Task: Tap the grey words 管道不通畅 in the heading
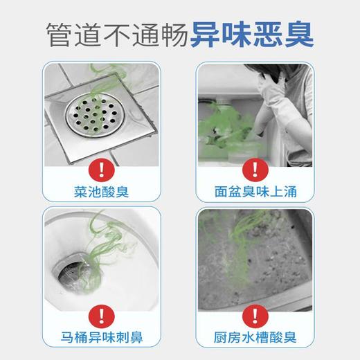tap(116, 33)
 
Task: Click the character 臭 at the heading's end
tap(299, 33)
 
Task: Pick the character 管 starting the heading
tap(61, 33)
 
